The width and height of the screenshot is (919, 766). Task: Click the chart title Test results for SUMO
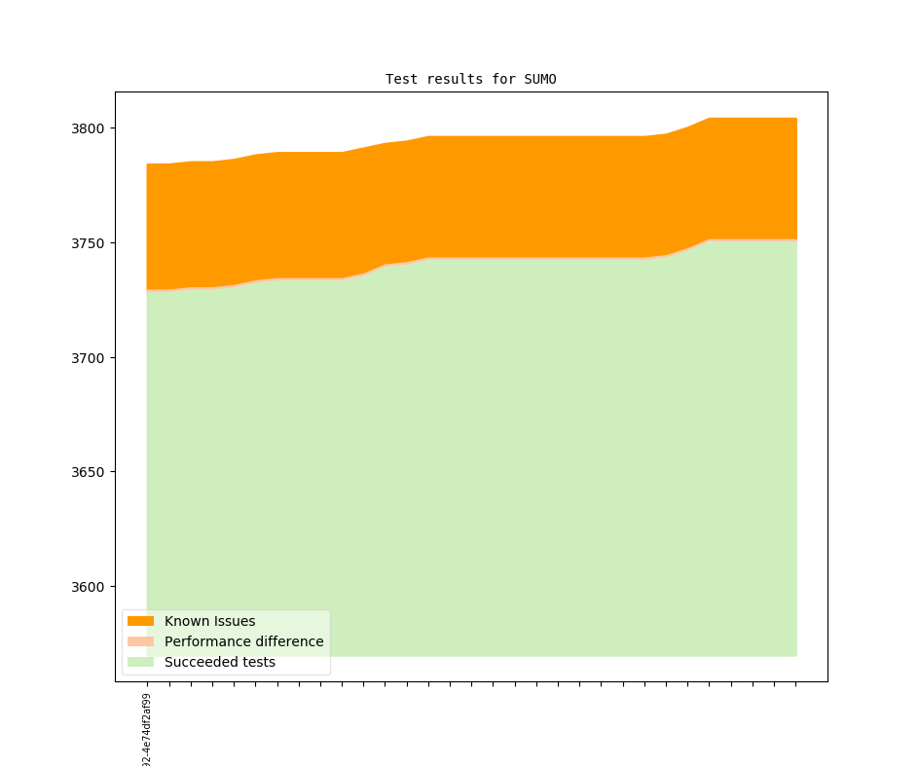(471, 79)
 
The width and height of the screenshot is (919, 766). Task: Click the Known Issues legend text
(209, 621)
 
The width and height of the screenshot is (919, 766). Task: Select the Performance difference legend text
(243, 641)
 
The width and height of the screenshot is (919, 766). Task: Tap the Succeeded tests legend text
(219, 662)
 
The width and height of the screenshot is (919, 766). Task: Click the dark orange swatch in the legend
(140, 621)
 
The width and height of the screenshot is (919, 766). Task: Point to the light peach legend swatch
(140, 641)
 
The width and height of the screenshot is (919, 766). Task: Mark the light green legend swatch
(140, 662)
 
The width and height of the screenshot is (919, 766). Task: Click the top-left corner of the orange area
(147, 164)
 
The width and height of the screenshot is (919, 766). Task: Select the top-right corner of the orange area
(796, 119)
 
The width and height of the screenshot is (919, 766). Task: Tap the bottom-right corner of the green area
(796, 655)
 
